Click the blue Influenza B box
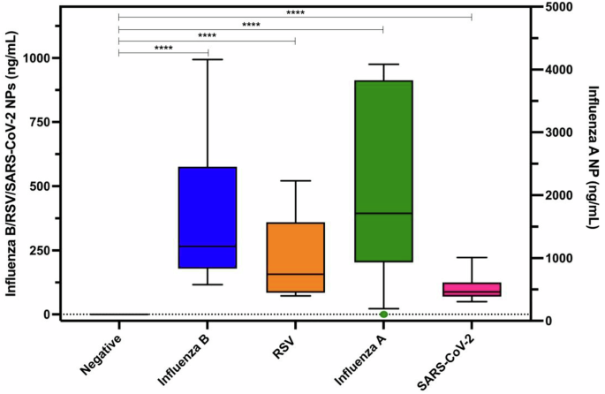(x=207, y=216)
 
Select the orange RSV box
(x=295, y=257)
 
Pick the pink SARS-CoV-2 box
(x=472, y=290)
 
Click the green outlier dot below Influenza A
(x=383, y=314)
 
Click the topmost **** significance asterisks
(x=296, y=12)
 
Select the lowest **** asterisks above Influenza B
(x=163, y=48)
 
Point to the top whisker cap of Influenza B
(x=207, y=59)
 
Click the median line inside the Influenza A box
(x=383, y=213)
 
